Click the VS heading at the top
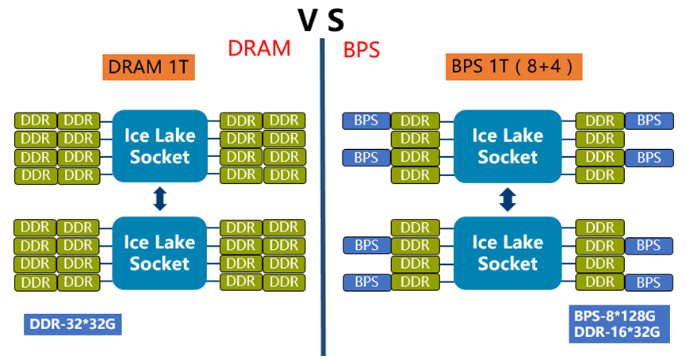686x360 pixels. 321,18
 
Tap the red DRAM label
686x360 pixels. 260,48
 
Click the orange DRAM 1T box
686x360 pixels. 149,67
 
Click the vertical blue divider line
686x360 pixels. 323,198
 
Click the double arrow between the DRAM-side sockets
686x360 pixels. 159,198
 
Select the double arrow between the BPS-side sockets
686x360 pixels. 507,198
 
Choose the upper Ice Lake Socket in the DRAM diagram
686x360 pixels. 159,145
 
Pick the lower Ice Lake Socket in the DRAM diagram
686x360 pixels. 159,252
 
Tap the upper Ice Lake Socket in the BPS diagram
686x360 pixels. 507,145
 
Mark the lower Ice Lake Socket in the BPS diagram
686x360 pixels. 507,252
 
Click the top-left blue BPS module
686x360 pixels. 366,121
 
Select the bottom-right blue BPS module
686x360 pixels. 649,281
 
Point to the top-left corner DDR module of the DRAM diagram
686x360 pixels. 35,121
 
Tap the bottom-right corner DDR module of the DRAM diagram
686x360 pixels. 284,281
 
